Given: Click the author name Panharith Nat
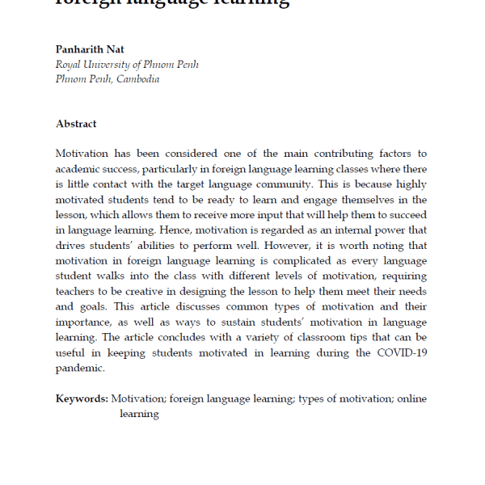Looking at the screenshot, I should (91, 49).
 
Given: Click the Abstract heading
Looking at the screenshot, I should (76, 124).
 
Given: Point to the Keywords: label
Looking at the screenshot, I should (82, 399).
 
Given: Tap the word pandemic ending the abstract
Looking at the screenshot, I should (80, 368).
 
